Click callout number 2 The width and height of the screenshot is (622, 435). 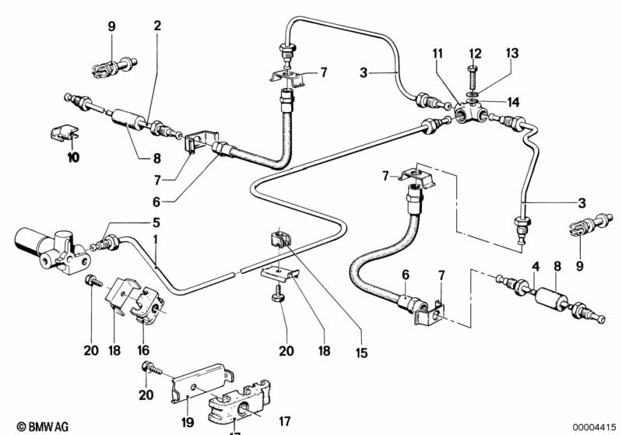157,26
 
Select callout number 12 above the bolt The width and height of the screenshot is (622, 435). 474,53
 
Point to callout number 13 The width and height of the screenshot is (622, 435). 511,53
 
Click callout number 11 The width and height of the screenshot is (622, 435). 438,53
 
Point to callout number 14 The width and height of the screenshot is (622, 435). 514,102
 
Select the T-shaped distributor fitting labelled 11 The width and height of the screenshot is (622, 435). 469,114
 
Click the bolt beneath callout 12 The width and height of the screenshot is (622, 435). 474,79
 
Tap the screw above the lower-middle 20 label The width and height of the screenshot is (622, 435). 279,296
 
